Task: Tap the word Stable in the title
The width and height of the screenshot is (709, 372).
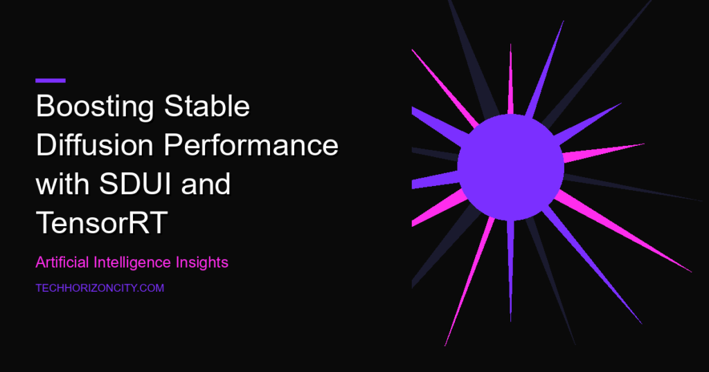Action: (207, 106)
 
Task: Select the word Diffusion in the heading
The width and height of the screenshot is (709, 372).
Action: (94, 145)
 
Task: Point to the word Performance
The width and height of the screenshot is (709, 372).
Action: (251, 145)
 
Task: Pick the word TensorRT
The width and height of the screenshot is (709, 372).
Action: (102, 223)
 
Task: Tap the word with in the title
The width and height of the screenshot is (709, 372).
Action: (62, 184)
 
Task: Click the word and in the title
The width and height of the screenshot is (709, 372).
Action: (206, 184)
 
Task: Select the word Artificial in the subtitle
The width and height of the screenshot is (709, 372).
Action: (62, 262)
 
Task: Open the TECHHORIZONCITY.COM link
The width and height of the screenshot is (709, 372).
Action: (100, 288)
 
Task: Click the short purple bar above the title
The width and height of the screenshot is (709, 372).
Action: (51, 81)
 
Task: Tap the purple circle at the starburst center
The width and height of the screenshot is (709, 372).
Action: (510, 167)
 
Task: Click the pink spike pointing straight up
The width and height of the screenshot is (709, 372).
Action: (510, 80)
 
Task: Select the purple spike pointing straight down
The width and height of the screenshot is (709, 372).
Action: (510, 271)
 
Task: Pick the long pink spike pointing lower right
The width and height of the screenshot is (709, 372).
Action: (623, 232)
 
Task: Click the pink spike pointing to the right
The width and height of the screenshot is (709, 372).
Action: (603, 153)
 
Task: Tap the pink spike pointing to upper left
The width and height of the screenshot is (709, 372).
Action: (445, 89)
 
